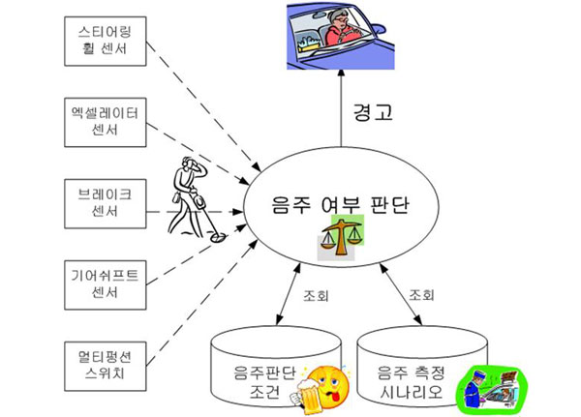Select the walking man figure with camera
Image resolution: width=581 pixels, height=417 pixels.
pos(192,197)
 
